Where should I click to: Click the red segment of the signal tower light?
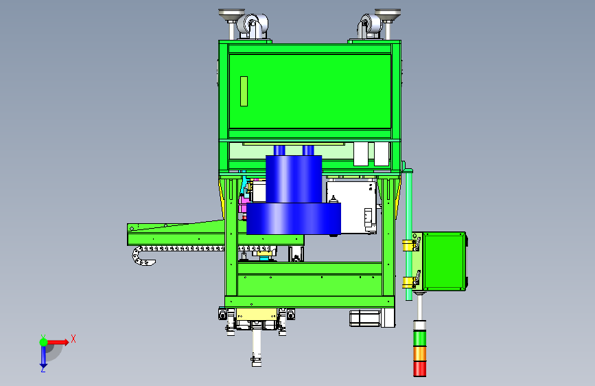pos(420,369)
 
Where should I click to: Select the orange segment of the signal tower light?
pos(420,354)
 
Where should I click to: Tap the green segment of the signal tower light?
pos(420,338)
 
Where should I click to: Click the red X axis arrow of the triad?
pos(58,342)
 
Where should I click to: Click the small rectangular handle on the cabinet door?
pos(244,91)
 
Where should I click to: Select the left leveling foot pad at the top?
pos(231,14)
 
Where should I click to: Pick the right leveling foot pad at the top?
pos(388,14)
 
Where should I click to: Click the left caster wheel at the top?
pos(252,26)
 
